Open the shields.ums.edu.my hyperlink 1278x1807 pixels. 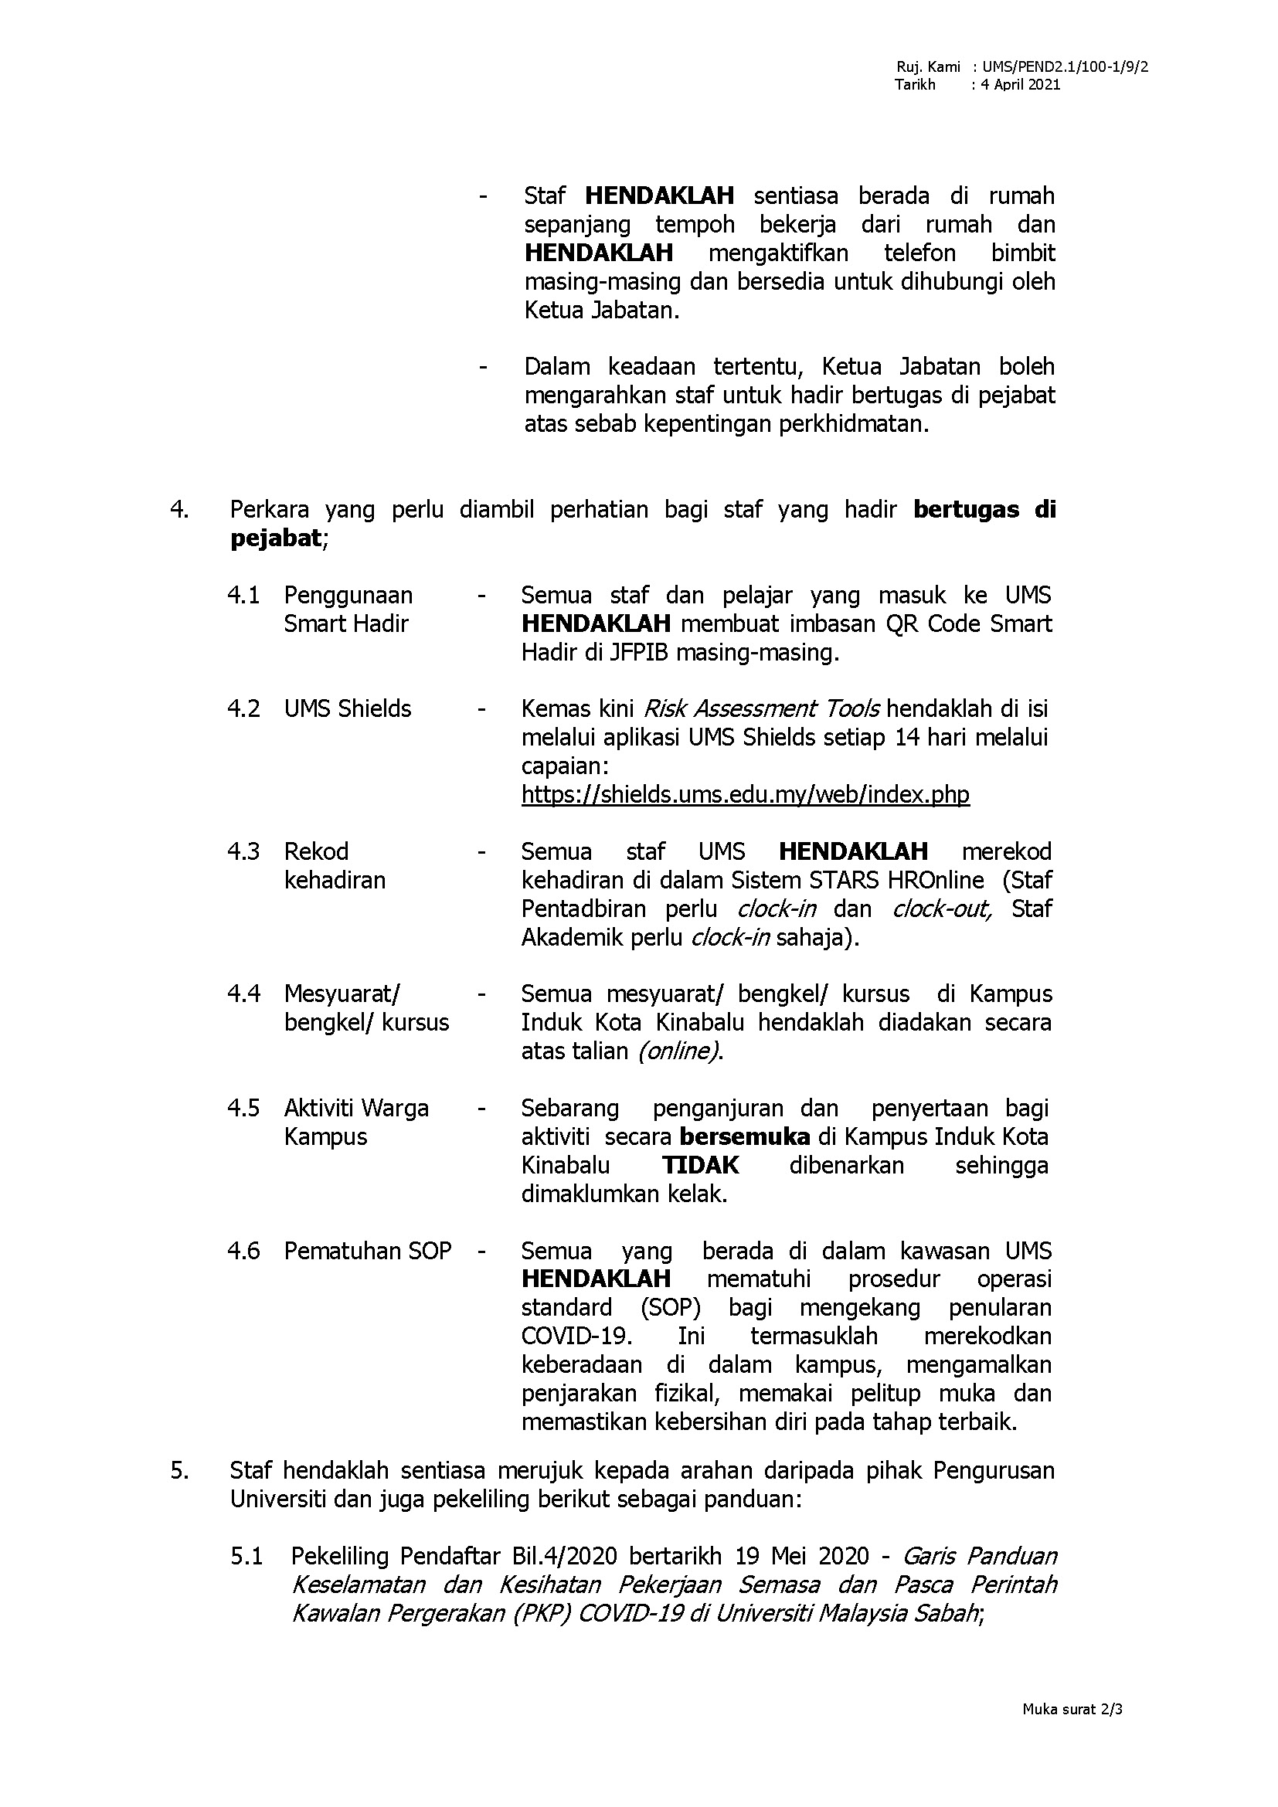pyautogui.click(x=744, y=794)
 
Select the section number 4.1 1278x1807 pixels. pyautogui.click(x=243, y=595)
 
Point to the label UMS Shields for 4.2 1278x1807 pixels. pyautogui.click(x=347, y=709)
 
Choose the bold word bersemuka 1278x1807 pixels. pyautogui.click(x=743, y=1136)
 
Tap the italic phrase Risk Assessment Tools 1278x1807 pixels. pyautogui.click(x=761, y=709)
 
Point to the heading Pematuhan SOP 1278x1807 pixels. pyautogui.click(x=368, y=1251)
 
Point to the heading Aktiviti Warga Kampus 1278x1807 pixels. pyautogui.click(x=355, y=1123)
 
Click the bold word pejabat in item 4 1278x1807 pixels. pyautogui.click(x=275, y=538)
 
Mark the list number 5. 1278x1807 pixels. pyautogui.click(x=179, y=1470)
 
